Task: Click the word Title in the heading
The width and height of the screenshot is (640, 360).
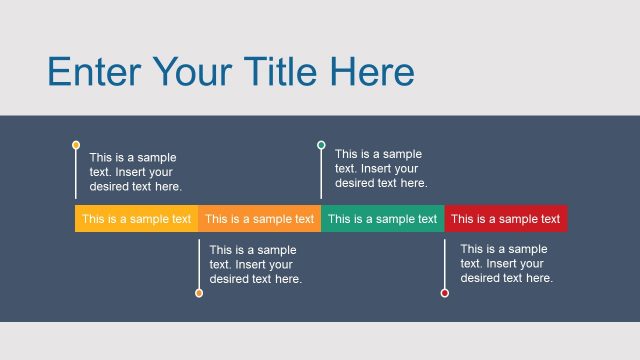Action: tap(281, 72)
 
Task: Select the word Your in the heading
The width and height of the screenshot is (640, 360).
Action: tap(190, 72)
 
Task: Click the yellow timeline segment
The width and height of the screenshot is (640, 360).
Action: tap(136, 219)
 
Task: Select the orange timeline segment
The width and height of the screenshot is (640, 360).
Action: tap(259, 219)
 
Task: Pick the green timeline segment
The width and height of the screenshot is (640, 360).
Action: tap(383, 219)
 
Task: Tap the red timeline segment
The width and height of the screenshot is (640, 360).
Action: tap(506, 219)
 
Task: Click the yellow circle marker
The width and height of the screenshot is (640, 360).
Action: tap(76, 145)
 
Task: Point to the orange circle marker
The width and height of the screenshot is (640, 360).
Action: tap(199, 293)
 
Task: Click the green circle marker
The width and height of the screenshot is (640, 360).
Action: tap(321, 145)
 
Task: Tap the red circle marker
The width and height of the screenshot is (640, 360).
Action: tap(445, 293)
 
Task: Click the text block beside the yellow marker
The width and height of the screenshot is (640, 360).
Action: tap(136, 172)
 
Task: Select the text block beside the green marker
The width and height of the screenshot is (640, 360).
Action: tap(381, 169)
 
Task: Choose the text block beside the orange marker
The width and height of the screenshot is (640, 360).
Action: tap(256, 265)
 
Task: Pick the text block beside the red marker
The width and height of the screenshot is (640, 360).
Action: tap(506, 264)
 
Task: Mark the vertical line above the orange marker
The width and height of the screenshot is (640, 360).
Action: tap(199, 260)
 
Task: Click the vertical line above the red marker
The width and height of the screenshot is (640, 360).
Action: tap(445, 260)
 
